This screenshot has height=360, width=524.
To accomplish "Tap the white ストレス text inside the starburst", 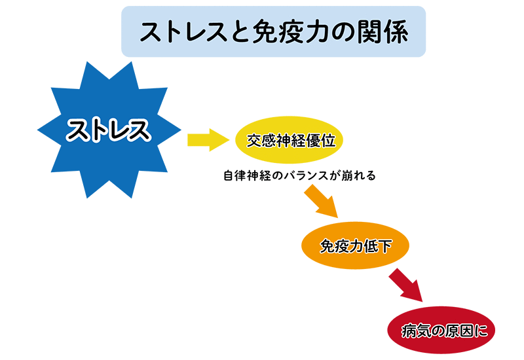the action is (x=109, y=130).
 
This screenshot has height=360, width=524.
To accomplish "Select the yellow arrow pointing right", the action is (x=208, y=140).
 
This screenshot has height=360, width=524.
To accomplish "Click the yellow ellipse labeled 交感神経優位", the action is (x=290, y=140).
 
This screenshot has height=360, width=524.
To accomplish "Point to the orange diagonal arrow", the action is (x=321, y=202).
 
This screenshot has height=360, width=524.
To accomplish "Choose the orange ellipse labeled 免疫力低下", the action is (x=355, y=245).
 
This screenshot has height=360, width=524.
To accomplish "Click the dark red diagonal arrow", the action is (x=405, y=285).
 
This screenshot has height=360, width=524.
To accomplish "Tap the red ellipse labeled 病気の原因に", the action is (x=441, y=330).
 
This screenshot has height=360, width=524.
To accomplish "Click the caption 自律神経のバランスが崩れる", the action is (x=299, y=175).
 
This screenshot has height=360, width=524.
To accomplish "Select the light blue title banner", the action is (x=273, y=31).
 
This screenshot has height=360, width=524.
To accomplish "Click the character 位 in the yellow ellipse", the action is (x=328, y=141).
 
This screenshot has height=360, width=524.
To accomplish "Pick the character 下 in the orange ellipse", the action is (x=384, y=247).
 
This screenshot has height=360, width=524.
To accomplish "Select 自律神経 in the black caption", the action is (x=247, y=175).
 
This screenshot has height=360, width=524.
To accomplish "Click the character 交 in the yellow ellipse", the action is (x=254, y=141).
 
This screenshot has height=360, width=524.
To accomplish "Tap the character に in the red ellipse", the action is (x=481, y=331).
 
